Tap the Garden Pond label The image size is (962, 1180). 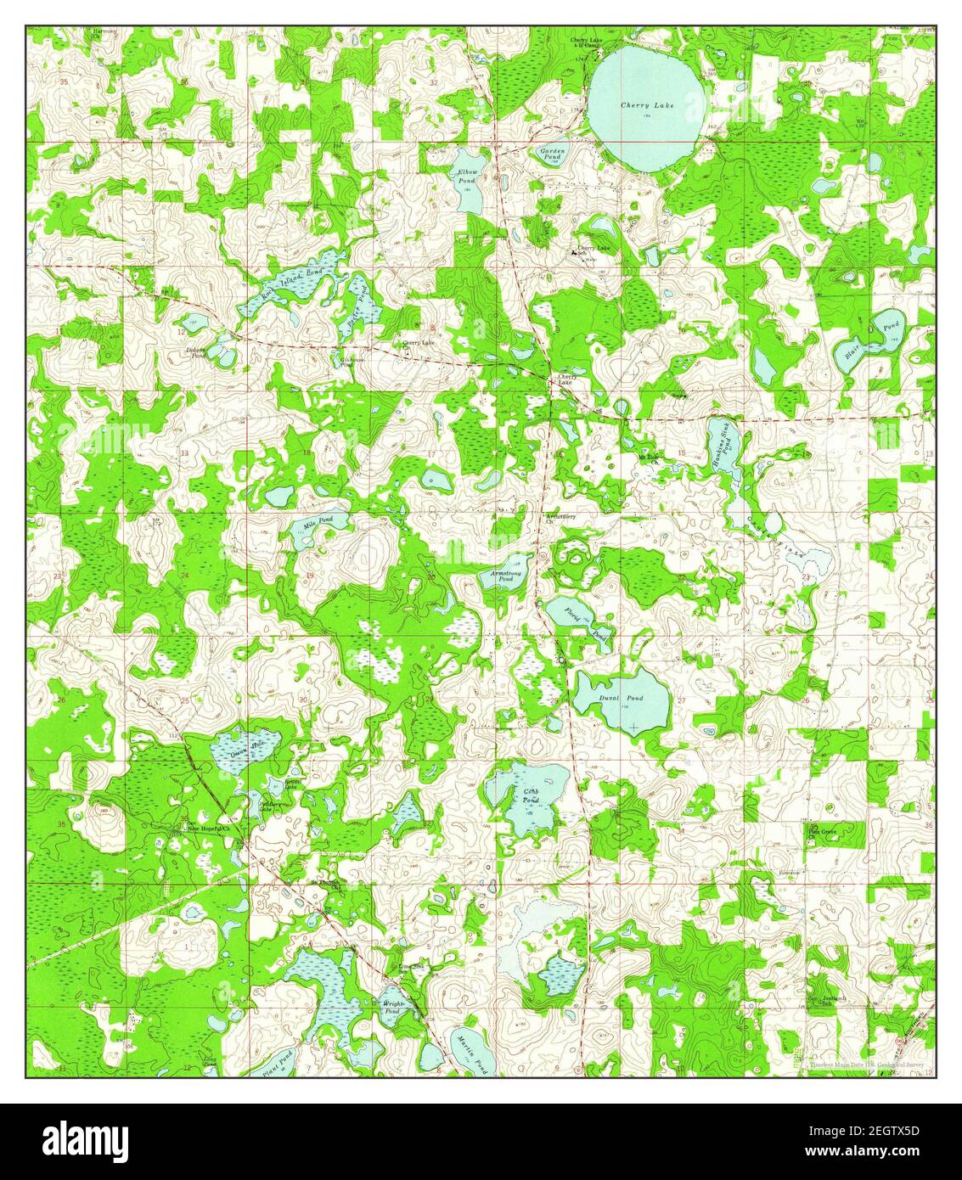[x=553, y=154]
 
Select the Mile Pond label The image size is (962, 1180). [x=313, y=523]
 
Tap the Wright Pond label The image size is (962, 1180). [x=392, y=1008]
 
